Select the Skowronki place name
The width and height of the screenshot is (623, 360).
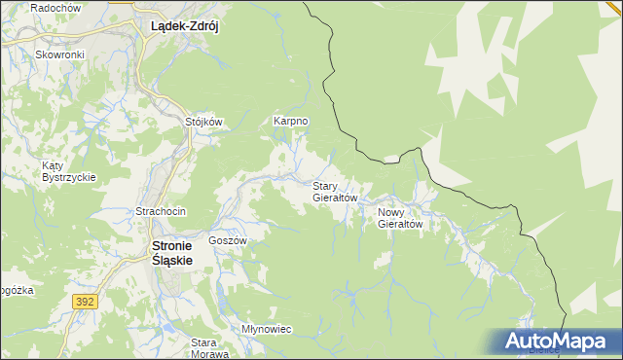[60, 54]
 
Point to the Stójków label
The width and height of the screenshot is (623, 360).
[204, 122]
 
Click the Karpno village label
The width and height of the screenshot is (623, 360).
[291, 121]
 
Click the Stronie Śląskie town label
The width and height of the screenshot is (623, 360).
[173, 253]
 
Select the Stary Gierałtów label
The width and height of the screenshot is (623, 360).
[336, 191]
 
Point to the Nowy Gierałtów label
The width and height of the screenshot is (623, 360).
[400, 217]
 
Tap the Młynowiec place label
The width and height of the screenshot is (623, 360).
[267, 329]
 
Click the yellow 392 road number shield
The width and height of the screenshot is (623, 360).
[84, 303]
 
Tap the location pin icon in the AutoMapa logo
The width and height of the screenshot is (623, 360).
[496, 342]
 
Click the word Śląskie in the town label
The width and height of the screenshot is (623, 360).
[173, 261]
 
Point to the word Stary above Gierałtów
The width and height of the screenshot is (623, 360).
[325, 185]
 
